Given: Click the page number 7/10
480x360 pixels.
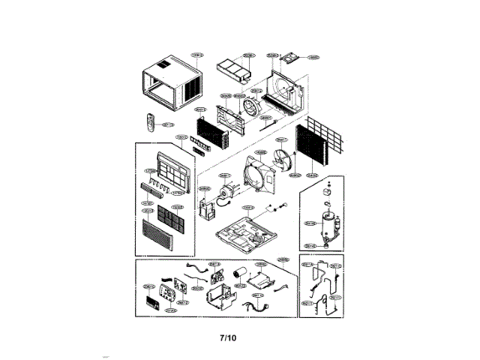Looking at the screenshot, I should pyautogui.click(x=228, y=337).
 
